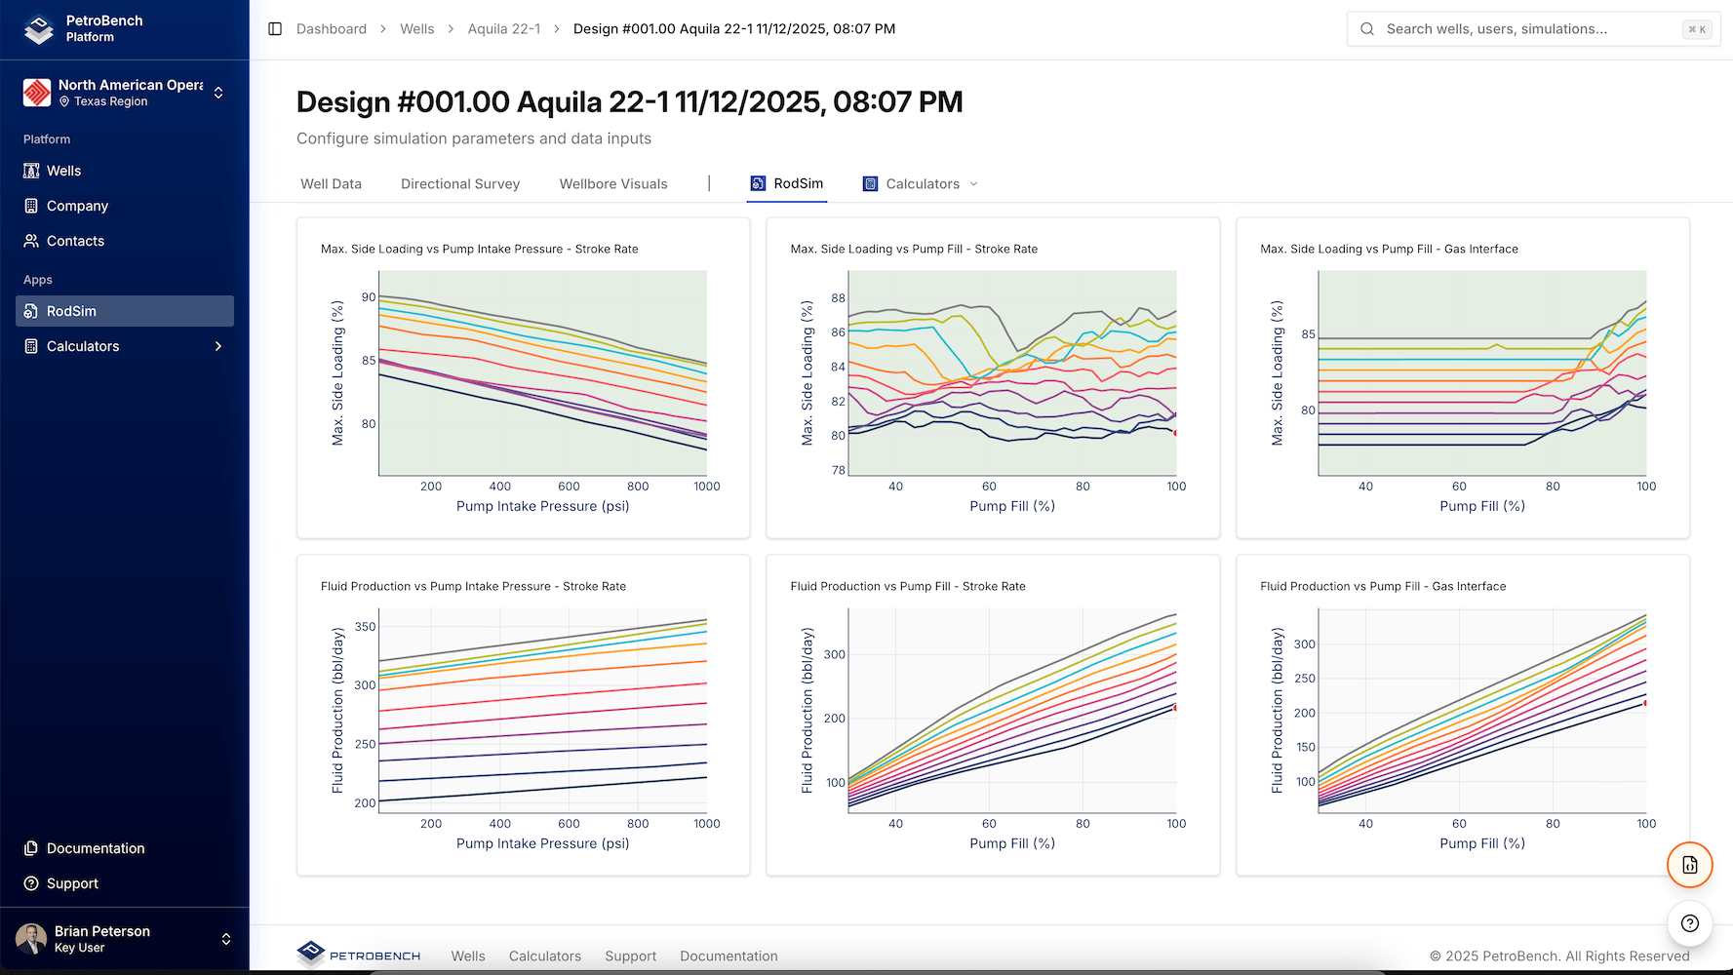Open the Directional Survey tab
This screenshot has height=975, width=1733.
(x=459, y=183)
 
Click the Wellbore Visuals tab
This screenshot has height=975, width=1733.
(x=612, y=183)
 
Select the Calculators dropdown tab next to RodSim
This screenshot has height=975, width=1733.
(x=921, y=183)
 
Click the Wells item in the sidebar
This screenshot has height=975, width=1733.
(x=64, y=171)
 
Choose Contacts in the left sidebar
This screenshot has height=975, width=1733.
(x=75, y=241)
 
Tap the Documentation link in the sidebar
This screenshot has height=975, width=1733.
(x=96, y=848)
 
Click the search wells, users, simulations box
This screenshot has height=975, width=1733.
(x=1531, y=29)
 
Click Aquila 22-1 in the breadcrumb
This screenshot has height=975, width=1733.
(x=503, y=29)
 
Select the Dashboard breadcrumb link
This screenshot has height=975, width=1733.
(x=332, y=29)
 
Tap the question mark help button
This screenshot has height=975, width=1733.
(x=1689, y=923)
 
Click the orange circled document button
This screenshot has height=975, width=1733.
(x=1689, y=865)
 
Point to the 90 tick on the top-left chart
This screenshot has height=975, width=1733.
(x=368, y=297)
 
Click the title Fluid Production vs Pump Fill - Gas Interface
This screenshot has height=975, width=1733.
(x=1382, y=586)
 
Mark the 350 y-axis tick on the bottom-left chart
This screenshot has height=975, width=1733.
(x=365, y=627)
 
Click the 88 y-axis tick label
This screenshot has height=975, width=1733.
(x=838, y=298)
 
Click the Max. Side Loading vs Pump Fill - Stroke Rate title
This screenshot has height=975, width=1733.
(x=913, y=249)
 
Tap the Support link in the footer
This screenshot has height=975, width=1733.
(x=630, y=956)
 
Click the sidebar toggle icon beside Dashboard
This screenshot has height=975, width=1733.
(x=275, y=29)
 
